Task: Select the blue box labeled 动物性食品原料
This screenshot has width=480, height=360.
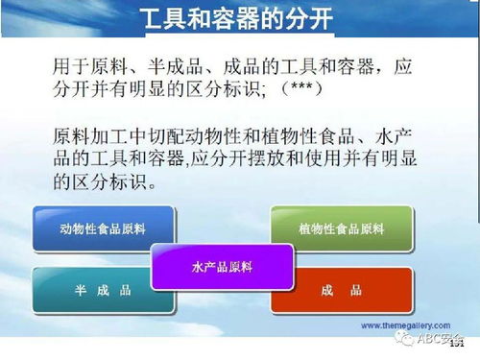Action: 104,228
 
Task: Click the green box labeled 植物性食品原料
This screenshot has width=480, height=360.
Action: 341,228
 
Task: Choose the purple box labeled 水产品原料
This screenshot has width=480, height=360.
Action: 223,264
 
